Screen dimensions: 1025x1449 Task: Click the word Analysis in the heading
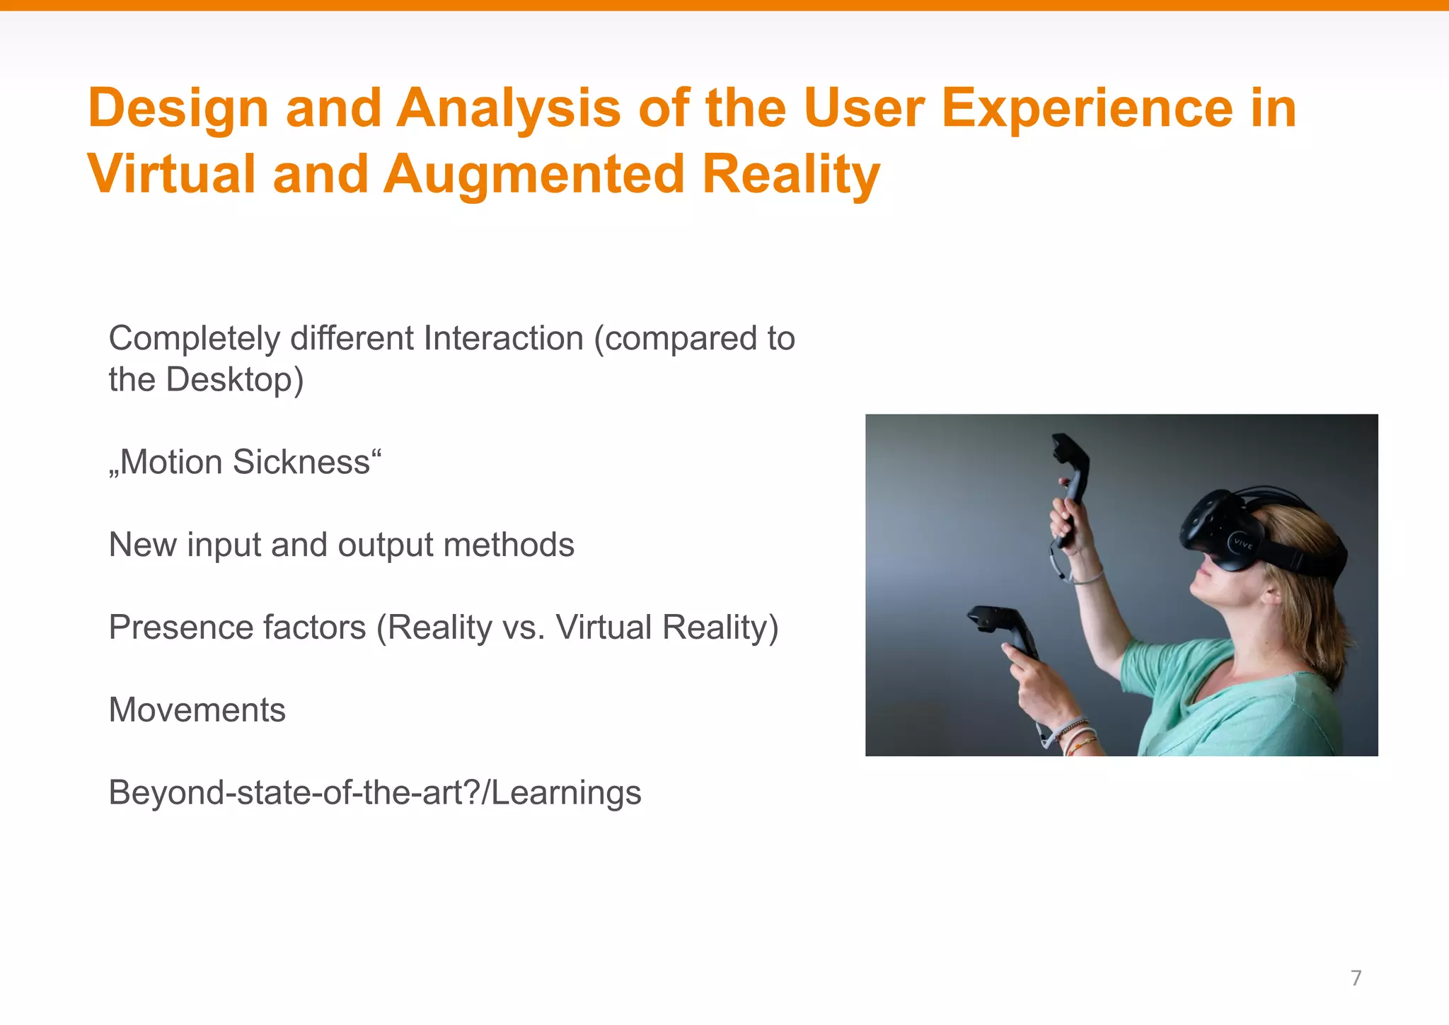(508, 109)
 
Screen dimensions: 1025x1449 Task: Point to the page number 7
(1356, 978)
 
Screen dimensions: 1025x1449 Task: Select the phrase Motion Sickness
(245, 463)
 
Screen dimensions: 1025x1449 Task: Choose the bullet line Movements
(197, 710)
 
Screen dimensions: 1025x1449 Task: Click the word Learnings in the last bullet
(566, 793)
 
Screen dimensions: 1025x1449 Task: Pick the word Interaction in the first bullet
(503, 339)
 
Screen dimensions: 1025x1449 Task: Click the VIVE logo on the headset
(1243, 543)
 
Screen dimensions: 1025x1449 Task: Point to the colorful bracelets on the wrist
(1078, 736)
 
